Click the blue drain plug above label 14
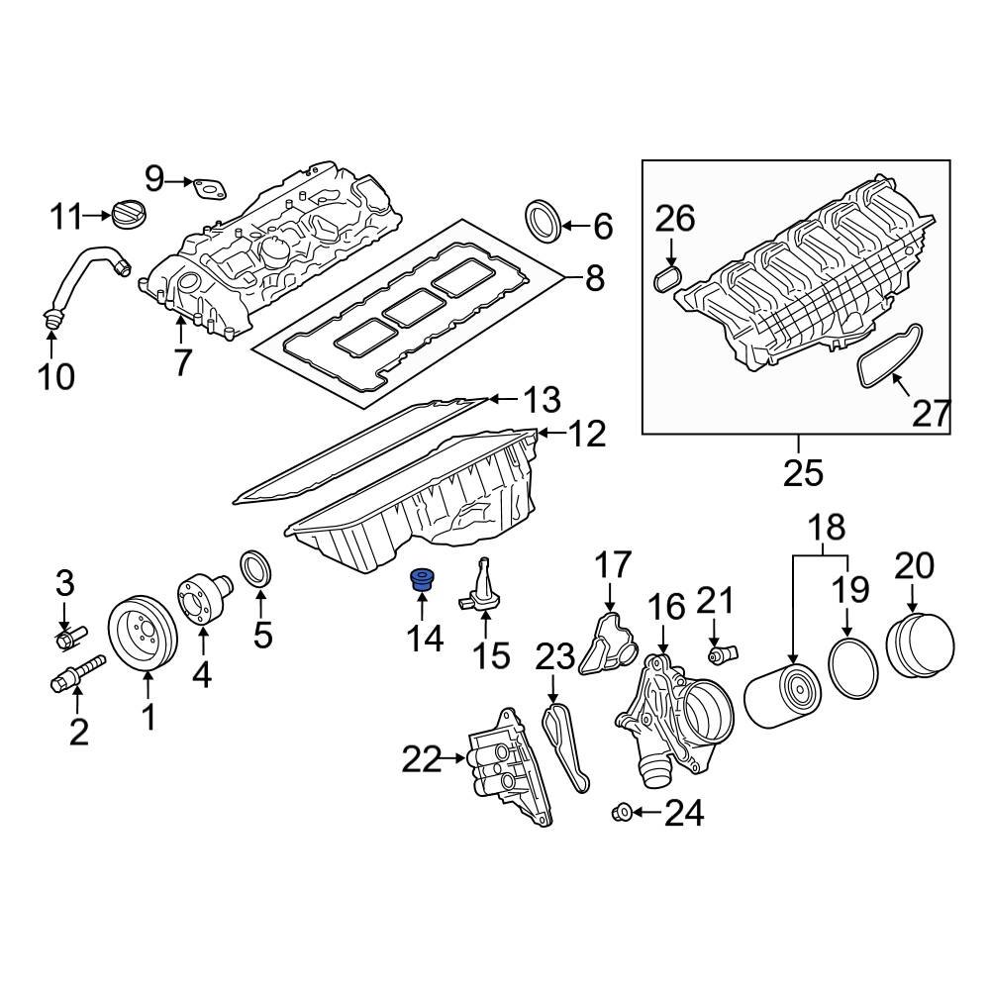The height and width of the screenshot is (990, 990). click(425, 580)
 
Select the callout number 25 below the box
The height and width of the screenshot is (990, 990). click(802, 473)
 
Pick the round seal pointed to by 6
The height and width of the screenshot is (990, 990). click(542, 221)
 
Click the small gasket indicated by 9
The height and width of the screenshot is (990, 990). click(209, 186)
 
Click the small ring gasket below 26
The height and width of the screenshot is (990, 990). click(668, 276)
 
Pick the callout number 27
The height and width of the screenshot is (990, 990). click(931, 414)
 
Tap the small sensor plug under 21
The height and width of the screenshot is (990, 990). click(722, 655)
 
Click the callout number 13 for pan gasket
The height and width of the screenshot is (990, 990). click(542, 401)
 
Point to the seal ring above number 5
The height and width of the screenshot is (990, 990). click(257, 571)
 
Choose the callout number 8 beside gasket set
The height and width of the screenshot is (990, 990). click(594, 278)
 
